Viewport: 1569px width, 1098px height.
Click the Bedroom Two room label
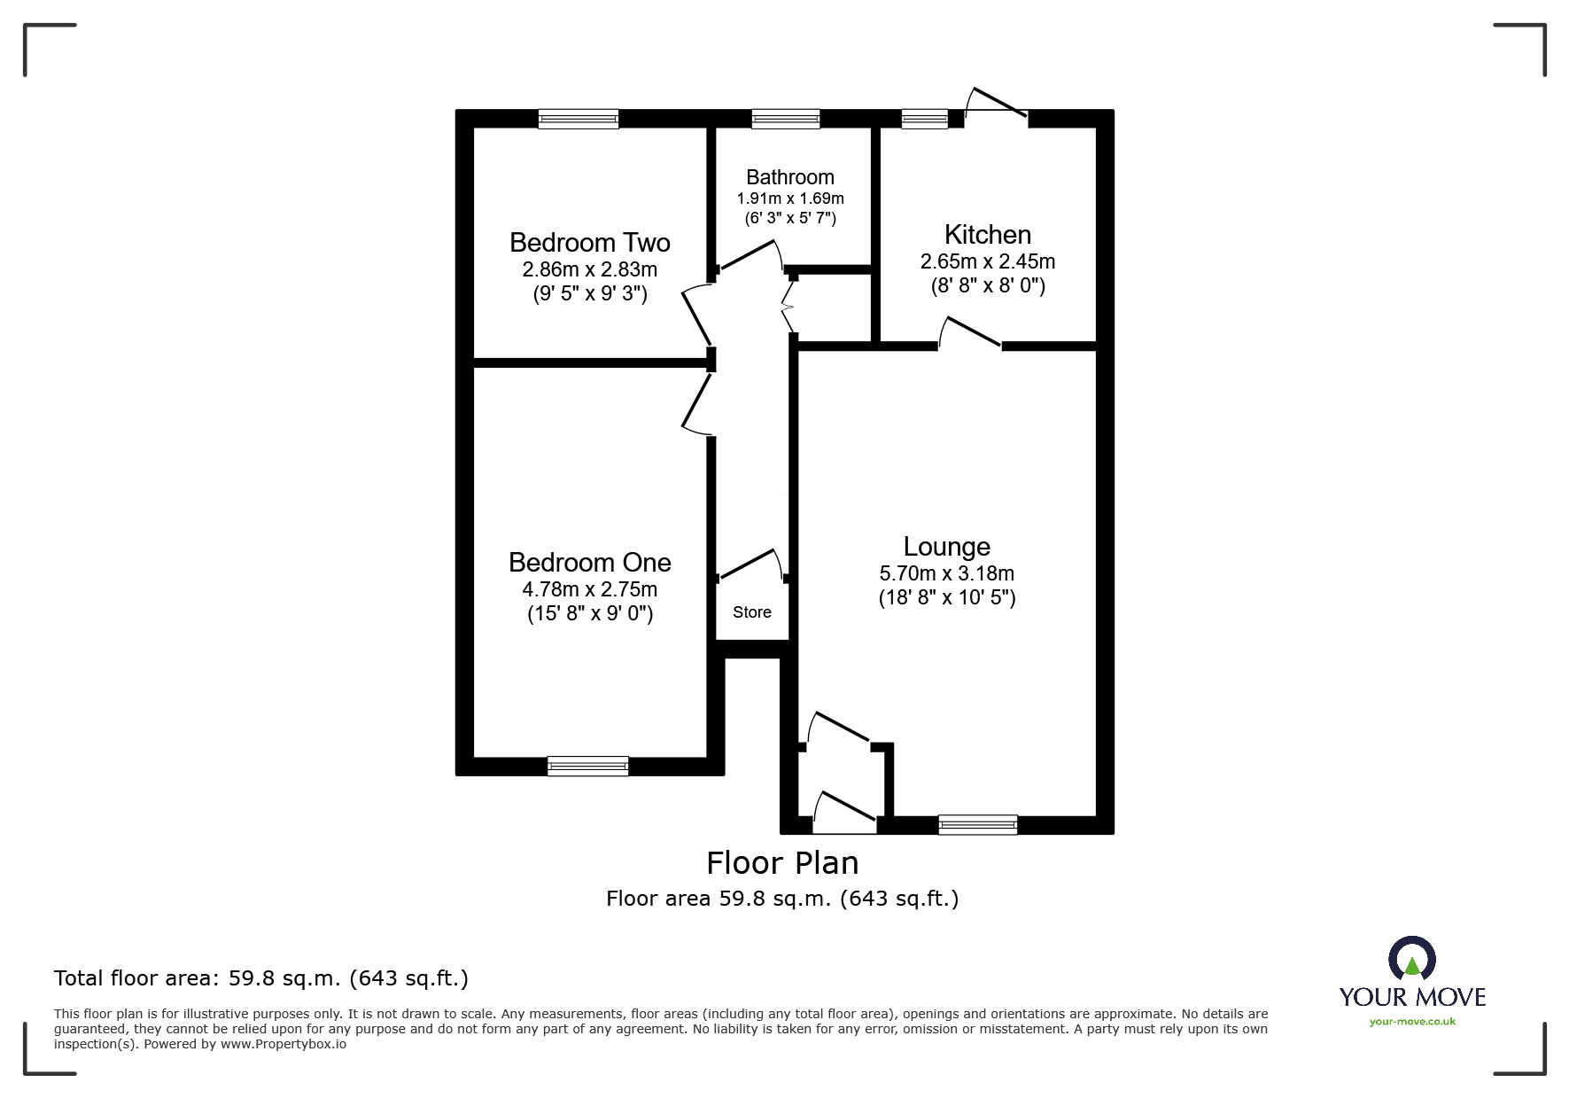589,242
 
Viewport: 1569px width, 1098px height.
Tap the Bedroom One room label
589,562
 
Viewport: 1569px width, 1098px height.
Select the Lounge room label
946,546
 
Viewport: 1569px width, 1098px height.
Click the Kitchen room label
987,234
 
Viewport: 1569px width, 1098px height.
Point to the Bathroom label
789,176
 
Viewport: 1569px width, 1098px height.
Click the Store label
751,612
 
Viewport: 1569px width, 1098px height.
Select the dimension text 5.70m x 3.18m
946,573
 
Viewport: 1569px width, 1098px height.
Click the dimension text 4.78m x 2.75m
589,589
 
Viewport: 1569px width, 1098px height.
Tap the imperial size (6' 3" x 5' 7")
789,218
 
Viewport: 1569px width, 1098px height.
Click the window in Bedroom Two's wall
578,119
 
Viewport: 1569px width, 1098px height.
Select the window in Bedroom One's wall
587,766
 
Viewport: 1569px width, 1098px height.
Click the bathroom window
785,119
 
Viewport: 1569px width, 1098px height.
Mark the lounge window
977,825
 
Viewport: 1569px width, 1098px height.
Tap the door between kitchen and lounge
970,332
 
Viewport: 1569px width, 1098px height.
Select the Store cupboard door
750,565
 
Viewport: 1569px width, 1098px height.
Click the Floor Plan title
782,862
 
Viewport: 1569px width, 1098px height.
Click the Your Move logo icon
1411,960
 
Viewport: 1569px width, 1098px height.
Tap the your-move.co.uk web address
1412,1022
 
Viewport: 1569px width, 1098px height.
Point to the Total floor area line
260,978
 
